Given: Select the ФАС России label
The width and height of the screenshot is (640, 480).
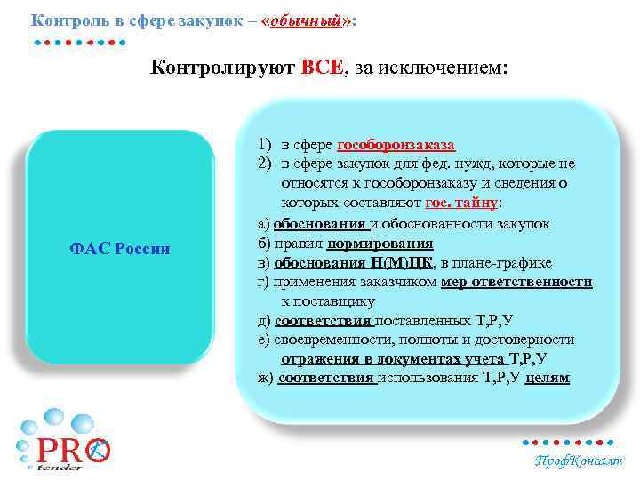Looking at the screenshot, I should point(119,248).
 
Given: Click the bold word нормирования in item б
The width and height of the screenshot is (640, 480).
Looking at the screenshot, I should point(380,243).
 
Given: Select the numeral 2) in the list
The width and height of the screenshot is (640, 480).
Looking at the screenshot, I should point(265,164).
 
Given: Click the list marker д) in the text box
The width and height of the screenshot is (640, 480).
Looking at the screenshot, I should point(264,320).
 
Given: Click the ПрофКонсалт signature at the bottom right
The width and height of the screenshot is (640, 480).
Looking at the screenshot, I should point(579,460).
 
